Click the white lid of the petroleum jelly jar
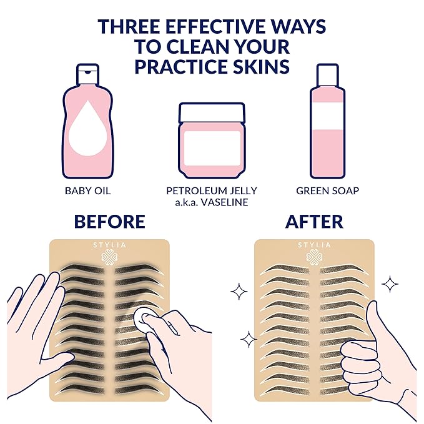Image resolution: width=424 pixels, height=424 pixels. [211, 112]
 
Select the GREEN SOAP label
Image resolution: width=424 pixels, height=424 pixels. [327, 191]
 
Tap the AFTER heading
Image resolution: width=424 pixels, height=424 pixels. [315, 222]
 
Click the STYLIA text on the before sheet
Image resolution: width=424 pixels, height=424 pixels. [109, 245]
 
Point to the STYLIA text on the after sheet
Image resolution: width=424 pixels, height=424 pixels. [314, 245]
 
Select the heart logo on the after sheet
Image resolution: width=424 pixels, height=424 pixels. [314, 257]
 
